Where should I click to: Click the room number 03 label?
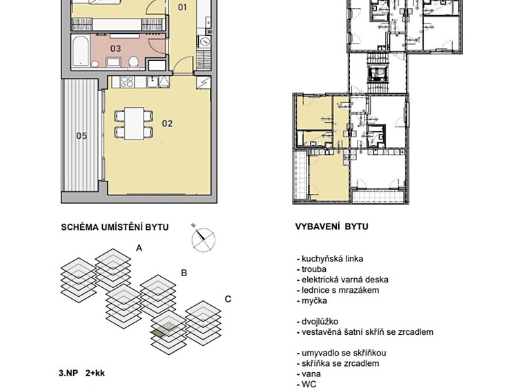click(115, 49)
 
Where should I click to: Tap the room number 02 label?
click(167, 124)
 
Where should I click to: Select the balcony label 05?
click(81, 136)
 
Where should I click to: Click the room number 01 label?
click(182, 8)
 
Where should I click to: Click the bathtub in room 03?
click(80, 51)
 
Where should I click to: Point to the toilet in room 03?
click(133, 61)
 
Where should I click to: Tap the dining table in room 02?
click(134, 124)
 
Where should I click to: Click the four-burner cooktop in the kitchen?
click(127, 82)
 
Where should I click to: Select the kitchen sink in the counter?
click(153, 82)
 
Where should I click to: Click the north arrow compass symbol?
click(203, 239)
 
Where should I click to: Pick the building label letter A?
click(139, 248)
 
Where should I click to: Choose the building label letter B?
click(184, 273)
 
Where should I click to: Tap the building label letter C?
click(228, 299)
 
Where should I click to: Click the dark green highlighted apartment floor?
click(158, 333)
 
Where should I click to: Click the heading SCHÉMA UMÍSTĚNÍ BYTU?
click(115, 227)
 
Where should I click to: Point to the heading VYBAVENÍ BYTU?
click(331, 226)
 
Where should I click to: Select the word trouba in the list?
click(314, 269)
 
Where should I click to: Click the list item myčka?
click(314, 300)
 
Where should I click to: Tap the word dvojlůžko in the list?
click(320, 322)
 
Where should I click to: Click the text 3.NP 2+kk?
click(81, 374)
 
